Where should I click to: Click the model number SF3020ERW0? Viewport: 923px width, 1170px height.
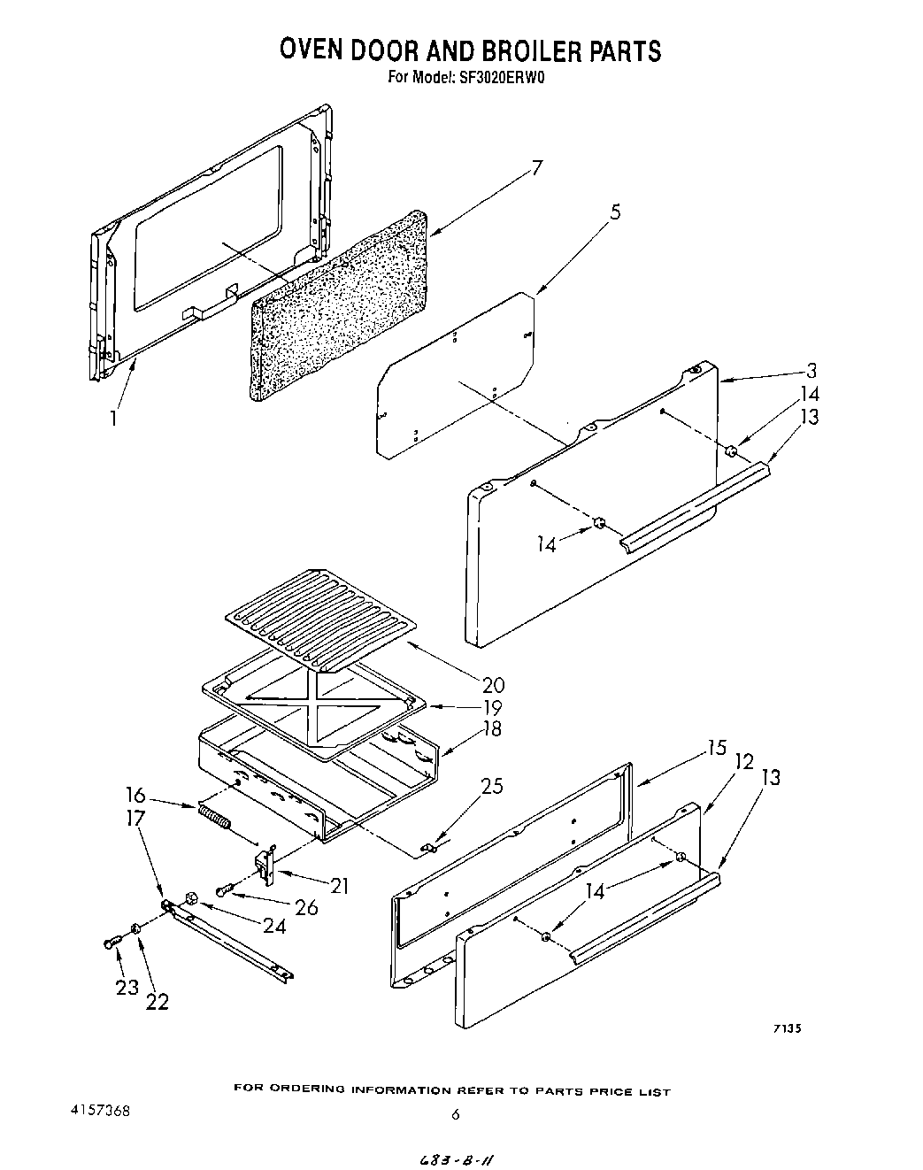click(x=502, y=77)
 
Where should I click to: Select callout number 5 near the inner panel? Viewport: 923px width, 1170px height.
click(x=614, y=212)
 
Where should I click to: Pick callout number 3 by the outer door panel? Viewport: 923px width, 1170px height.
click(x=811, y=372)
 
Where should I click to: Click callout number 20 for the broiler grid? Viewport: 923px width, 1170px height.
click(x=493, y=684)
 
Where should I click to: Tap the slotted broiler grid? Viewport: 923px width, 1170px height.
click(x=319, y=615)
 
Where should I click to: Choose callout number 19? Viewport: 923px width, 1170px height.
click(x=491, y=707)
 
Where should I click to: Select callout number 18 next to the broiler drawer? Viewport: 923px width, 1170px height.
click(x=491, y=728)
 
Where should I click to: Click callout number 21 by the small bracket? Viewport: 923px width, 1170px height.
click(x=338, y=885)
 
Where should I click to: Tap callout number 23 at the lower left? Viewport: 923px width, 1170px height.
click(x=126, y=987)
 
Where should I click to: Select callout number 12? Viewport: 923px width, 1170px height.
click(x=743, y=761)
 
